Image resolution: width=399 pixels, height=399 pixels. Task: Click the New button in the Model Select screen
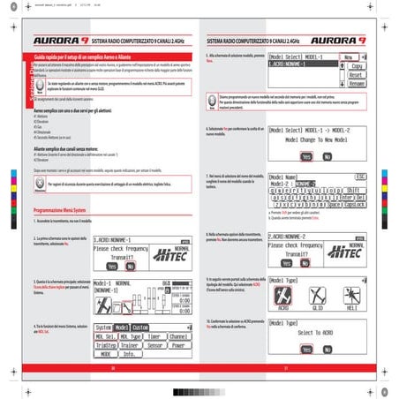tap(351, 56)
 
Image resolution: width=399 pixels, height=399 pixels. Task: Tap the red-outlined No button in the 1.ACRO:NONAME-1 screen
tap(130, 266)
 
